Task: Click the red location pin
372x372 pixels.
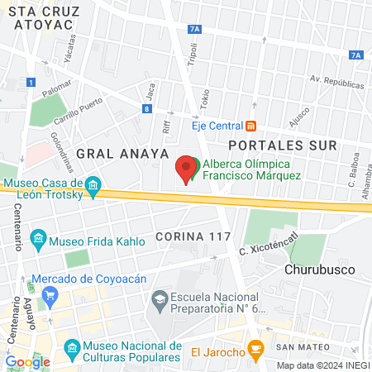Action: (x=187, y=169)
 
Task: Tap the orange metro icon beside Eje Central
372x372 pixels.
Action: (x=250, y=126)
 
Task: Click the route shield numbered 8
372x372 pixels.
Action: (x=146, y=108)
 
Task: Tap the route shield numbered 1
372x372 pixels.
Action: (x=31, y=82)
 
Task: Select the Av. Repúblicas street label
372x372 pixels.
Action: (x=336, y=83)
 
